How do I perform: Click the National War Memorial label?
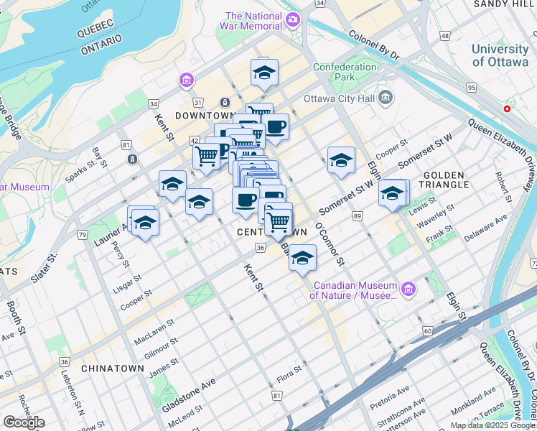pyautogui.click(x=253, y=21)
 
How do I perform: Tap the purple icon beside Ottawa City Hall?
pyautogui.click(x=386, y=97)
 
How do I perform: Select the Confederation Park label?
pyautogui.click(x=344, y=72)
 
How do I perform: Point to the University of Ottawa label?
pyautogui.click(x=500, y=55)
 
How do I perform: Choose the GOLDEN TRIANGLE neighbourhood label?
pyautogui.click(x=454, y=180)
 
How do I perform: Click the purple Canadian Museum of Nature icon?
pyautogui.click(x=408, y=289)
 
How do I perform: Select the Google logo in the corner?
pyautogui.click(x=24, y=422)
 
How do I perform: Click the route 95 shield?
pyautogui.click(x=471, y=88)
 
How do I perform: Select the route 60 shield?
pyautogui.click(x=427, y=330)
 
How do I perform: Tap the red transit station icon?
pyautogui.click(x=508, y=109)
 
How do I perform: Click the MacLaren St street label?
pyautogui.click(x=154, y=329)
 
